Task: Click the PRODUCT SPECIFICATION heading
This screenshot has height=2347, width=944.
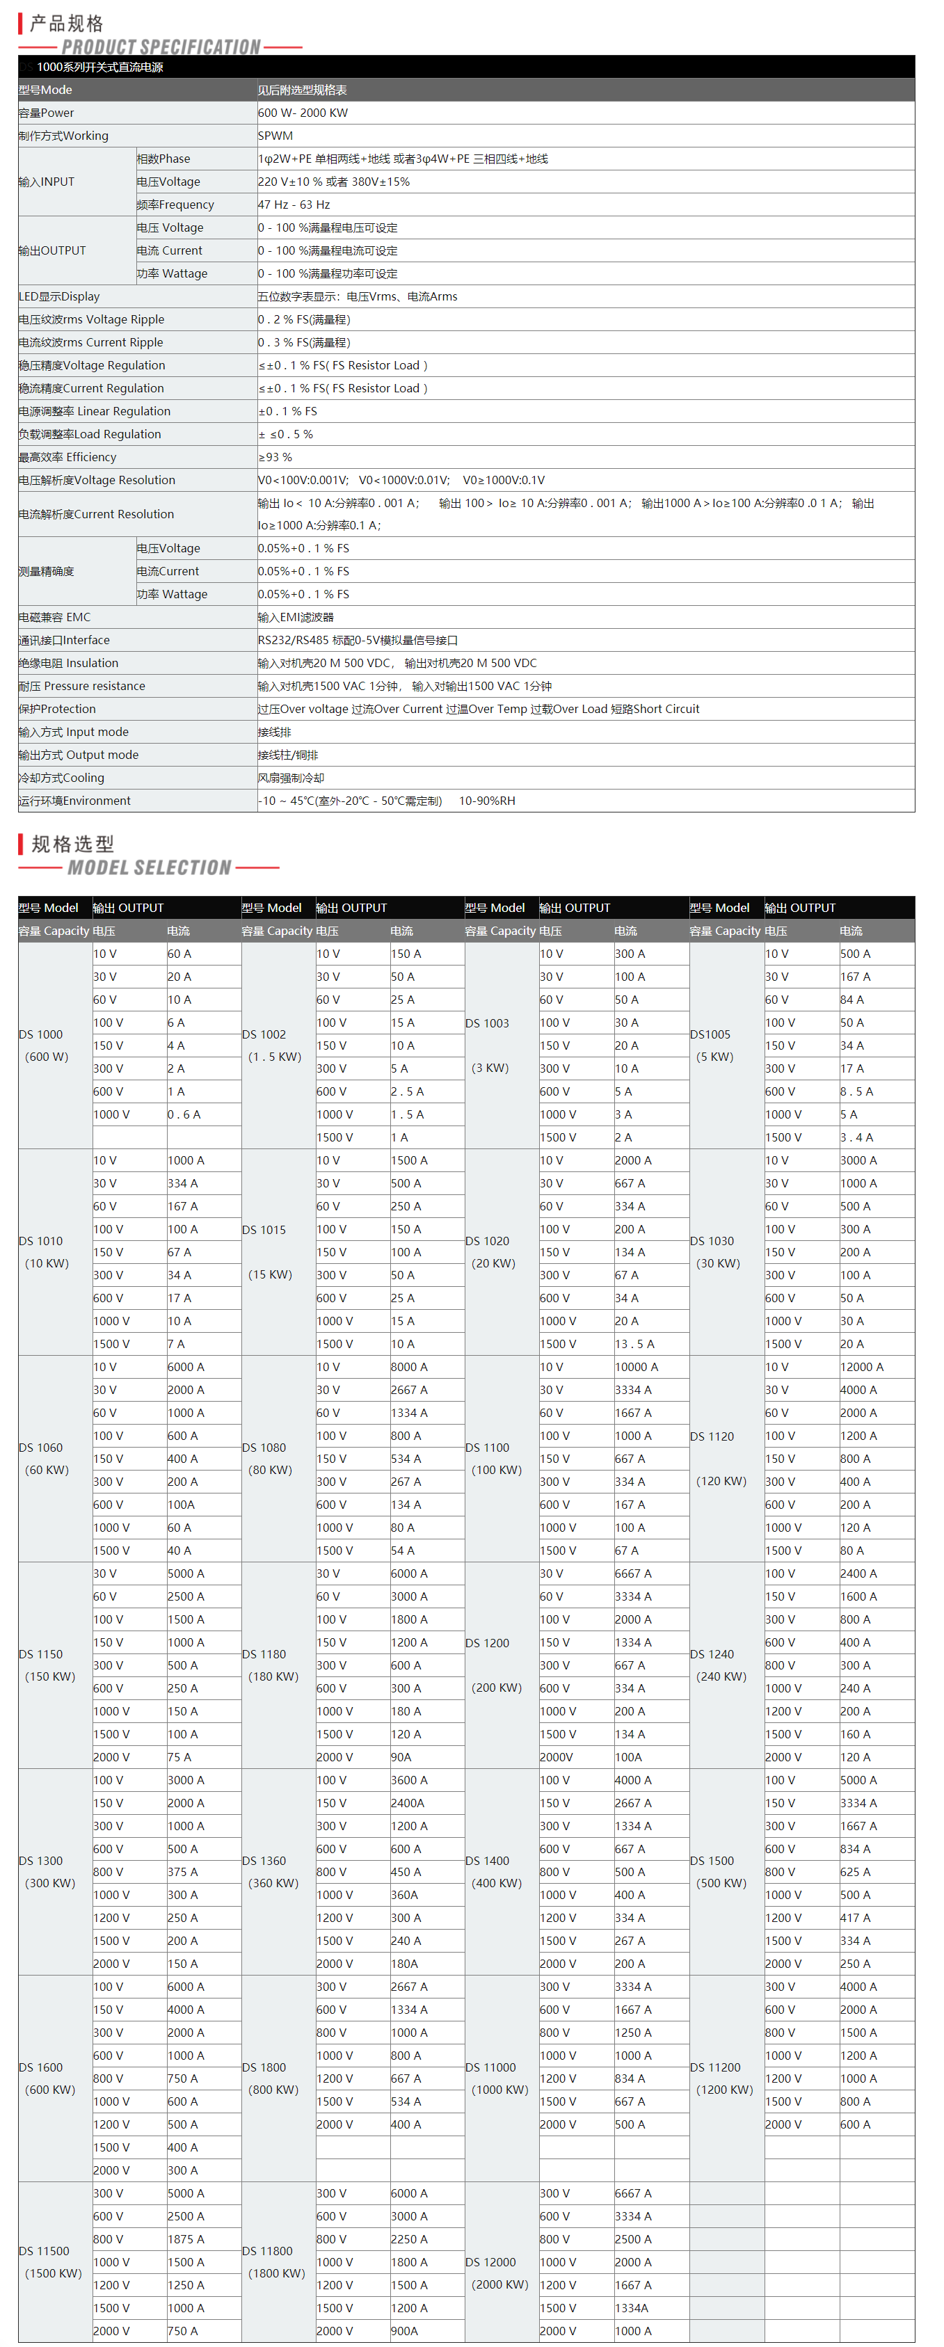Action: [x=161, y=47]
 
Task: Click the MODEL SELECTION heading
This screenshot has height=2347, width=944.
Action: [x=150, y=867]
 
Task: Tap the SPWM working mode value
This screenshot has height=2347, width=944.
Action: [x=275, y=136]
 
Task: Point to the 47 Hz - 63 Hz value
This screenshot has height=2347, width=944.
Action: [x=294, y=205]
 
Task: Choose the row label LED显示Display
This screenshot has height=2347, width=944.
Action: [x=59, y=297]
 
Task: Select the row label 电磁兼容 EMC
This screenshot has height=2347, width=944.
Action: [x=55, y=618]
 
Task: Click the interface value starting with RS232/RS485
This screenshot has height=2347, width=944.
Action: [x=357, y=641]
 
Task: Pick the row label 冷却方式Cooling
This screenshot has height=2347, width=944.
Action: [x=61, y=778]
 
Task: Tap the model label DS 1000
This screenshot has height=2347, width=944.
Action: [x=41, y=1034]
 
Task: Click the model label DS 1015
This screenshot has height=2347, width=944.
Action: [x=264, y=1230]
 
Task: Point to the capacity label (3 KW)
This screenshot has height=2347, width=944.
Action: [x=490, y=1068]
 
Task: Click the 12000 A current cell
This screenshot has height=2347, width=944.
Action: [x=861, y=1367]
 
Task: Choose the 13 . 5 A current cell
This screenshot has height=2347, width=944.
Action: [x=634, y=1344]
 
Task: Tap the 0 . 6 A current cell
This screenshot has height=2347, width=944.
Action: [x=184, y=1114]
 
